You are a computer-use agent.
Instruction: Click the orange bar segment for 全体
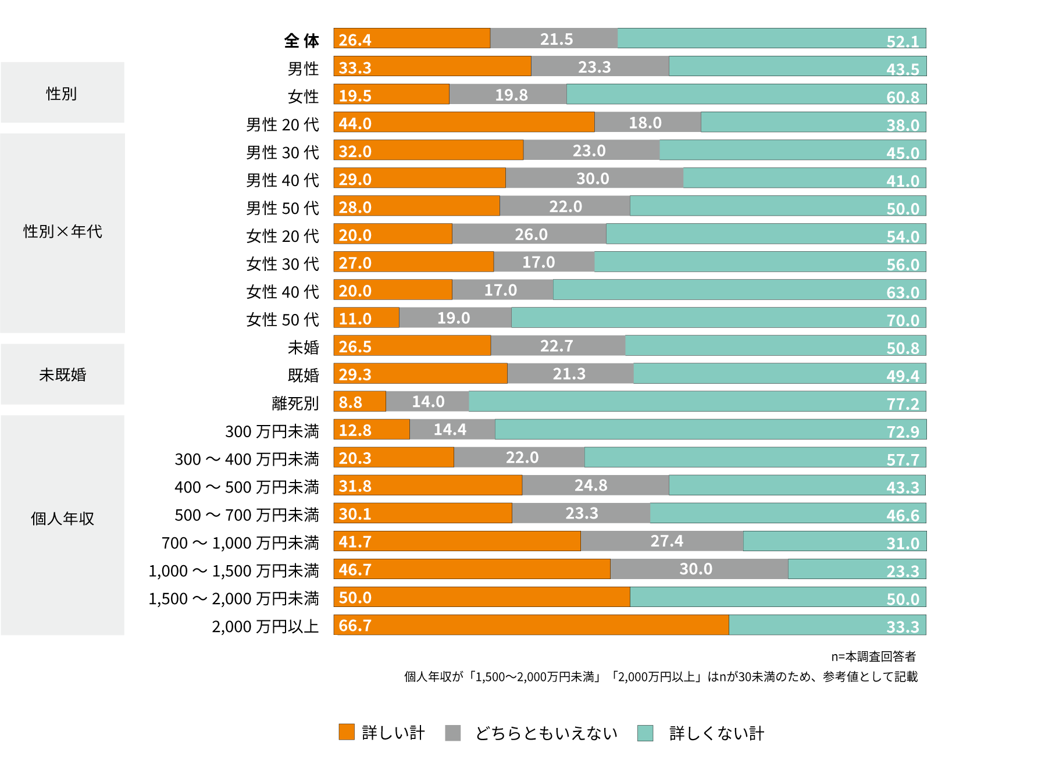(x=412, y=38)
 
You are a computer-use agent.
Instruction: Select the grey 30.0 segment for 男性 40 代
(x=594, y=178)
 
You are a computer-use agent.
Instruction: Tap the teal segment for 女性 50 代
(x=718, y=317)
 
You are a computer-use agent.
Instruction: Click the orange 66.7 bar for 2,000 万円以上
(x=530, y=625)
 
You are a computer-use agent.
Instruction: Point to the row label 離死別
(x=295, y=403)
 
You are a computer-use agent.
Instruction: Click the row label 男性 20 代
(x=282, y=124)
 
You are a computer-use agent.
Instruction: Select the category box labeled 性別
(x=62, y=92)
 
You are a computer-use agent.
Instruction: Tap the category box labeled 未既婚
(x=62, y=374)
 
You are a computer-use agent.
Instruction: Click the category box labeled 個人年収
(x=62, y=518)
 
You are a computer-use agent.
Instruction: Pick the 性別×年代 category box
(x=62, y=231)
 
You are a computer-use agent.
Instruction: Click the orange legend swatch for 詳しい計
(x=347, y=732)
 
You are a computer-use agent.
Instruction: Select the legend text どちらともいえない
(x=546, y=733)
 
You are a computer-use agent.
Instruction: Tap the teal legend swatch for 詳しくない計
(x=645, y=733)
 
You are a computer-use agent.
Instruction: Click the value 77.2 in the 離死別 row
(x=902, y=404)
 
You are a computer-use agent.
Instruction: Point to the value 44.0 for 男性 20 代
(x=355, y=123)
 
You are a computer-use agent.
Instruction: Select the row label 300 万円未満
(x=272, y=431)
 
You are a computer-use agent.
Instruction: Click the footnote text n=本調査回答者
(x=873, y=656)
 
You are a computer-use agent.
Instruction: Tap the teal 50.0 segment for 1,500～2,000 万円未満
(x=777, y=597)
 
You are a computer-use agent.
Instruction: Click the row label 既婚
(x=303, y=375)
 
